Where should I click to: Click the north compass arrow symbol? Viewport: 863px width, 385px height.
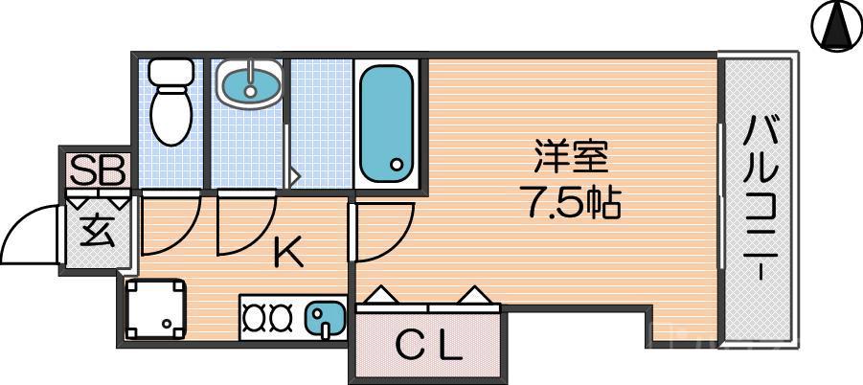coord(835,26)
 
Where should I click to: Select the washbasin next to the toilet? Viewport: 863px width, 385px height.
coord(249,82)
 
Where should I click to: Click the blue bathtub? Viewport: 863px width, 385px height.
coord(386,125)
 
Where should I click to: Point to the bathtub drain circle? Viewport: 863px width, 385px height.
coord(396,165)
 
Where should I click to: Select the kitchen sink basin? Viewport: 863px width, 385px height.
coord(326,315)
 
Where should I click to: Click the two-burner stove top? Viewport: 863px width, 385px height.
coord(269,315)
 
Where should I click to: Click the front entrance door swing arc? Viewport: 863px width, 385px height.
coord(29,235)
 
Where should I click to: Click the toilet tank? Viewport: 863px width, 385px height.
coord(172,71)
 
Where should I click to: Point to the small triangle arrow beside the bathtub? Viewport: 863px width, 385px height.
coord(296,176)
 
